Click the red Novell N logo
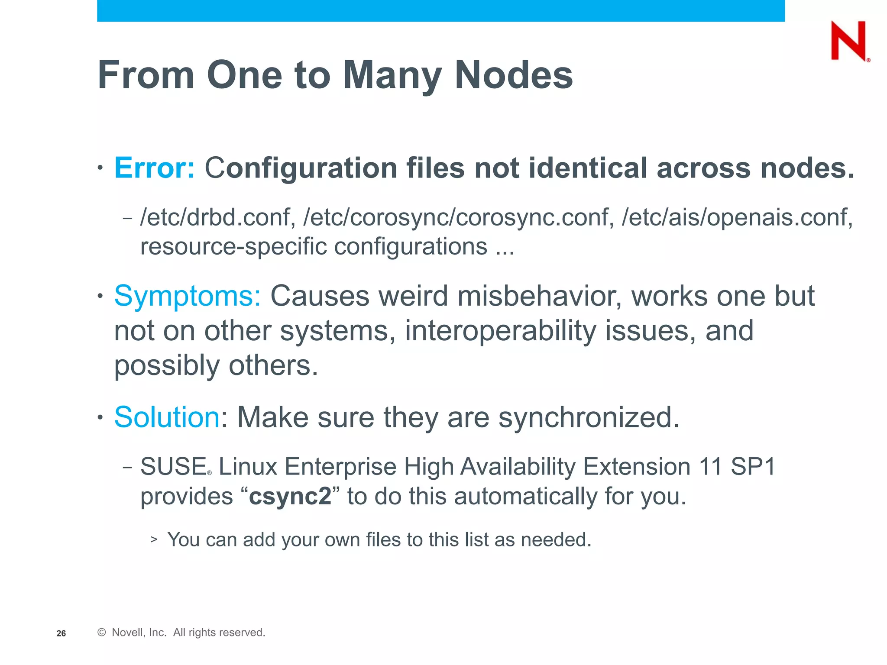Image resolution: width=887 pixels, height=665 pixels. pos(849,41)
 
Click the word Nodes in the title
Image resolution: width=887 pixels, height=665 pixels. pos(514,75)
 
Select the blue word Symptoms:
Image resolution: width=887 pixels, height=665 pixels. pos(188,296)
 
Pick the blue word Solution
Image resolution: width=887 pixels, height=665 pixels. pos(167,417)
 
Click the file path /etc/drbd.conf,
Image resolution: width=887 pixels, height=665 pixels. pos(218,217)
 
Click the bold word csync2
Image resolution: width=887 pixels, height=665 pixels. pos(290,496)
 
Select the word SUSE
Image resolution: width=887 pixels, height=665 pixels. pos(173,467)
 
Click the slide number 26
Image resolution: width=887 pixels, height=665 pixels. pos(61,633)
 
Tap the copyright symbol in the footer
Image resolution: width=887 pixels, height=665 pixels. pos(102,633)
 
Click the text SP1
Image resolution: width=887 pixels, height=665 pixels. pos(753,467)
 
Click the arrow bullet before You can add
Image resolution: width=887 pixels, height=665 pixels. pos(154,539)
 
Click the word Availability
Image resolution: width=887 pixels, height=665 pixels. pos(517,467)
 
